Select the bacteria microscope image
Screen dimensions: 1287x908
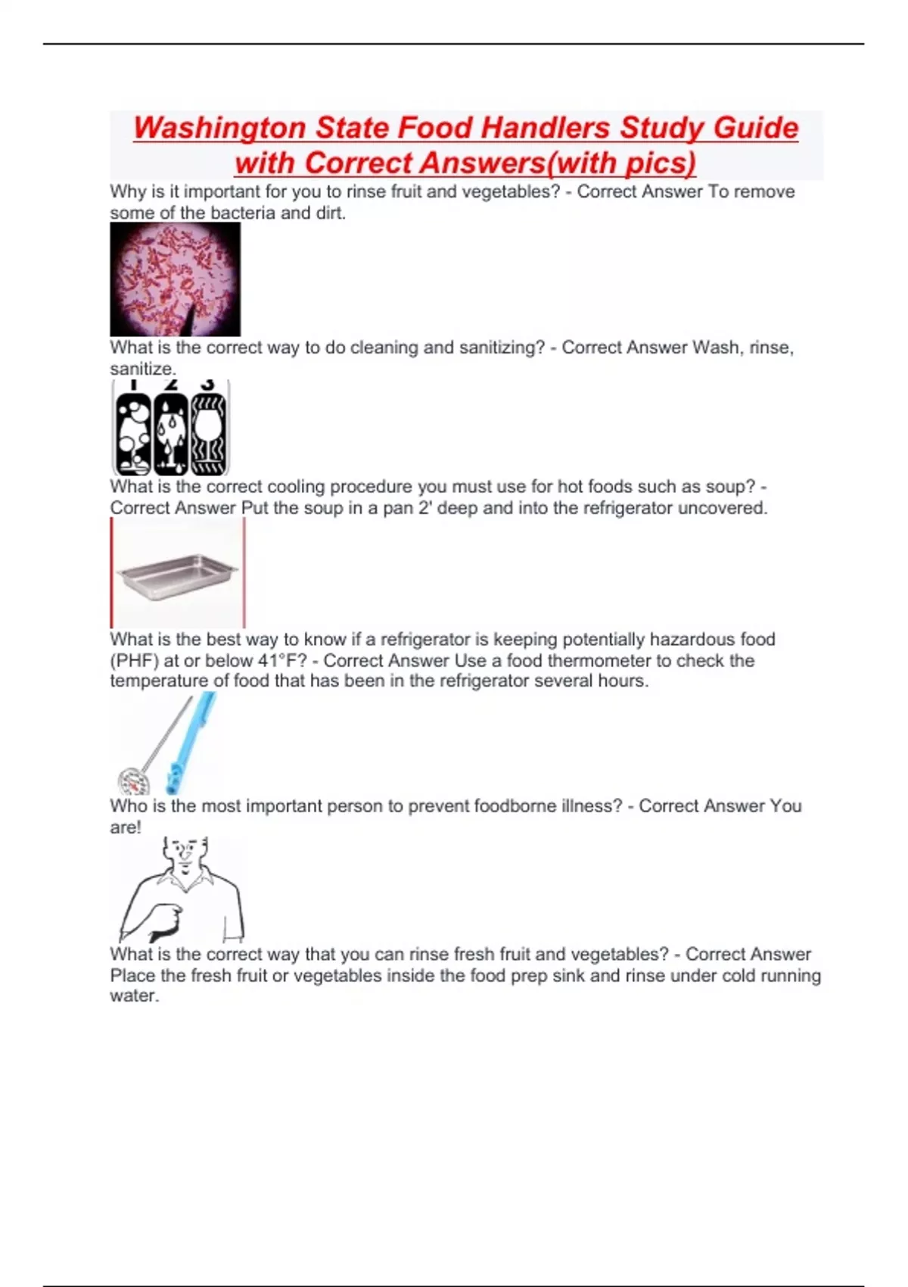coord(175,279)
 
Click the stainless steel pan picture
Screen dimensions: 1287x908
coord(178,575)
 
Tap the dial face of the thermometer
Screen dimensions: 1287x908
coord(133,781)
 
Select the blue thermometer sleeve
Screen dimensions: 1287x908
coord(190,742)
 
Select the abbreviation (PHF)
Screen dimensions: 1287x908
coord(134,661)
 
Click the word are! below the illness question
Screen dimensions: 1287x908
coord(126,827)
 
